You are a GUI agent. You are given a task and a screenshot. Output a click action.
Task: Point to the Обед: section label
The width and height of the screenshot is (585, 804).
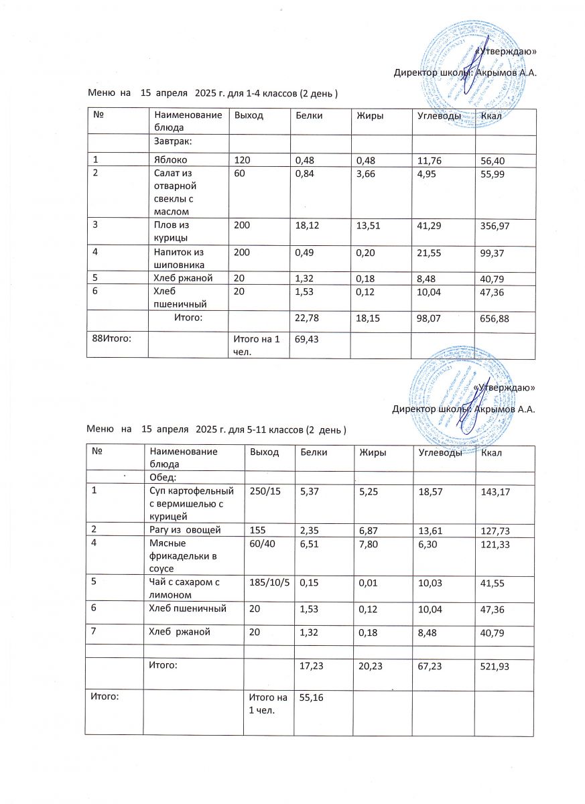[x=162, y=477]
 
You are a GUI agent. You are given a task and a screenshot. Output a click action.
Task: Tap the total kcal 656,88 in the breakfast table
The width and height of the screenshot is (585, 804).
[x=495, y=320]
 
